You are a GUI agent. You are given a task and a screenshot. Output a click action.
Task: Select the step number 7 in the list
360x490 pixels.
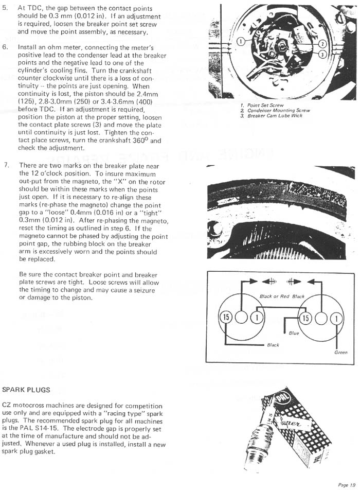pyautogui.click(x=6, y=165)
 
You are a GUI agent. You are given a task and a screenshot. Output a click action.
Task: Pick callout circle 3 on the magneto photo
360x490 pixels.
pyautogui.click(x=322, y=54)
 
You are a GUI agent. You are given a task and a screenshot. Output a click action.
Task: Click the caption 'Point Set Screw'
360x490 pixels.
pyautogui.click(x=265, y=105)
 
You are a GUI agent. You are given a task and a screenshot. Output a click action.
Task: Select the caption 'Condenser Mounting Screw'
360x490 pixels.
pyautogui.click(x=278, y=110)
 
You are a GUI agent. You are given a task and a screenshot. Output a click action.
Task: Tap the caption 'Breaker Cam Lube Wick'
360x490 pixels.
pyautogui.click(x=275, y=115)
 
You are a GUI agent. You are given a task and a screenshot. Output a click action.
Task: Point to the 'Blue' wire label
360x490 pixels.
pyautogui.click(x=294, y=333)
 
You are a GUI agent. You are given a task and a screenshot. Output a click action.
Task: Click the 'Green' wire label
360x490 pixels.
pyautogui.click(x=340, y=353)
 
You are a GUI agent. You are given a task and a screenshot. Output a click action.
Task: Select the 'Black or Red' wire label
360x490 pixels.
pyautogui.click(x=273, y=296)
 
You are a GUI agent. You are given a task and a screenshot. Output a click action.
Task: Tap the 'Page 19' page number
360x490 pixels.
pyautogui.click(x=346, y=484)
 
